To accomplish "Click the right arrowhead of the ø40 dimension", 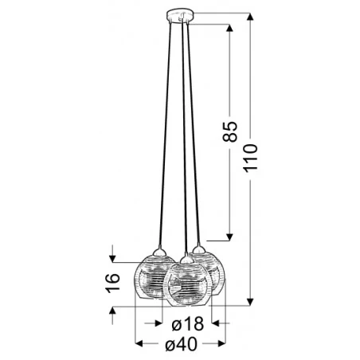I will point(225,343).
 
